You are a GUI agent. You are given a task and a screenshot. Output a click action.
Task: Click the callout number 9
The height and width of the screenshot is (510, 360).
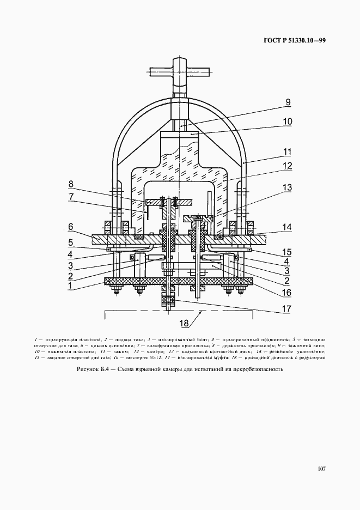288,102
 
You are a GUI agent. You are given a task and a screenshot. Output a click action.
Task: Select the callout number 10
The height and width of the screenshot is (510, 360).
288,122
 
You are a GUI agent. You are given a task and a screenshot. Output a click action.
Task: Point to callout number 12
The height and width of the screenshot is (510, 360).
288,166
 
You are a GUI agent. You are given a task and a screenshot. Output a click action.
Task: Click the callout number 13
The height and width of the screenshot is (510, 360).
288,188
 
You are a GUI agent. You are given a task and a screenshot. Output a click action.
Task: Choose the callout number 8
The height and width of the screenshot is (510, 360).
71,184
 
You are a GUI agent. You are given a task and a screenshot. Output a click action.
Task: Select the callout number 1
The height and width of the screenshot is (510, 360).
70,284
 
